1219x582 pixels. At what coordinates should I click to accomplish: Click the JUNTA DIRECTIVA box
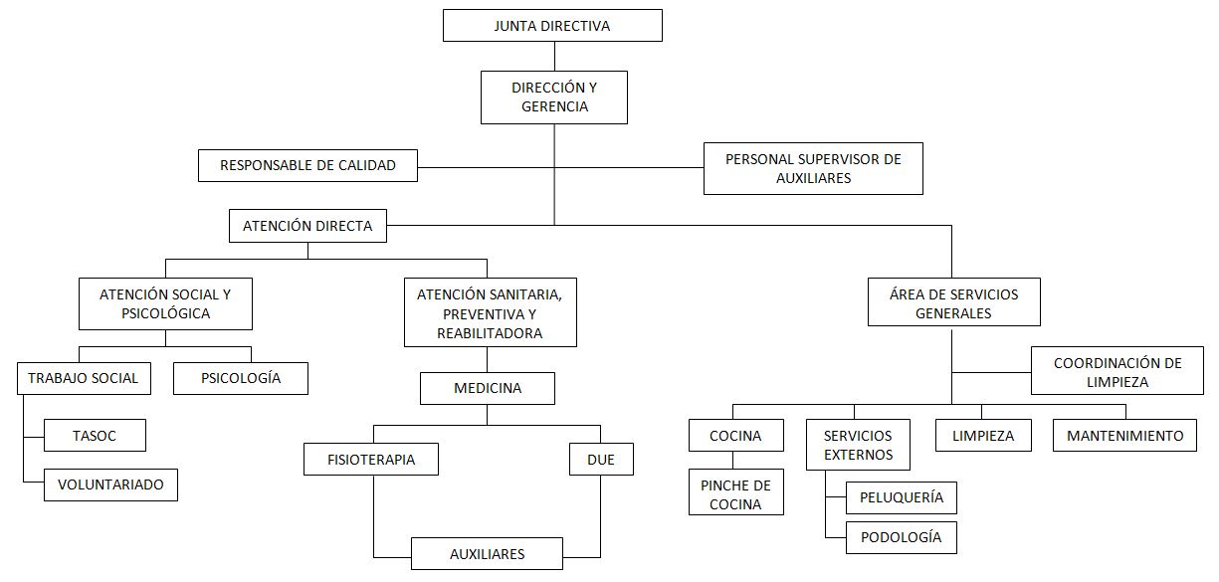tap(552, 26)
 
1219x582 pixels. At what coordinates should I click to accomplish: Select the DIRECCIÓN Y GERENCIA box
tap(554, 97)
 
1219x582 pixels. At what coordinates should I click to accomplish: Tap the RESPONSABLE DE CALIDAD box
tap(307, 165)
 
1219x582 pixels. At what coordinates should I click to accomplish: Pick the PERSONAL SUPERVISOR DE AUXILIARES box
tap(813, 168)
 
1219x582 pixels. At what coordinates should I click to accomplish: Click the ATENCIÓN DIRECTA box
tap(307, 226)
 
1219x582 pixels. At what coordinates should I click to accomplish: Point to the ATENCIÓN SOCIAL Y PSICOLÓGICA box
tap(165, 303)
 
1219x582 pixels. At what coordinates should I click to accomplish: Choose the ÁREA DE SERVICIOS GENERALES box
tap(954, 302)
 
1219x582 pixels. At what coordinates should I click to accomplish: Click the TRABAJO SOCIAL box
tap(84, 378)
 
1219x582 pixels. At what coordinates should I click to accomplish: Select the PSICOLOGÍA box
tap(241, 378)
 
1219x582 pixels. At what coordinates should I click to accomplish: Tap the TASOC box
tap(96, 435)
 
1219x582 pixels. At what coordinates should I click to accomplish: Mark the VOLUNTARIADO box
tap(110, 485)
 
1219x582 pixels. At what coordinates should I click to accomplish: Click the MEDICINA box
tap(487, 388)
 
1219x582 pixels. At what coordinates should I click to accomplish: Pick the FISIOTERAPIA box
tap(371, 460)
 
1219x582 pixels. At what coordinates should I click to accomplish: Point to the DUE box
tap(601, 460)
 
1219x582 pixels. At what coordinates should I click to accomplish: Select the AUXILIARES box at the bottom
tap(487, 553)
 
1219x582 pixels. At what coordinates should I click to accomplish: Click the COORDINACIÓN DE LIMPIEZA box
tap(1117, 372)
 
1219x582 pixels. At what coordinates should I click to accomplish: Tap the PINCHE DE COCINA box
tap(736, 493)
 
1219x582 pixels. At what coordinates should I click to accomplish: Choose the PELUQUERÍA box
tap(901, 496)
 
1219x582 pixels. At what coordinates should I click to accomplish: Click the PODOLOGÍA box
tap(901, 537)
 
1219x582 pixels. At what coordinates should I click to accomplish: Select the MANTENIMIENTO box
tap(1124, 436)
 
